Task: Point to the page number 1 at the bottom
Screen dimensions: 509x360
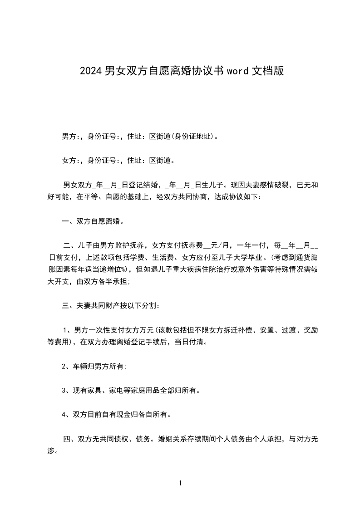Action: (x=180, y=483)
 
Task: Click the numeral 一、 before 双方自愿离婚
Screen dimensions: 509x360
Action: (x=69, y=222)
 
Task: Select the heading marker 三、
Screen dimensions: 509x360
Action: (x=69, y=306)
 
